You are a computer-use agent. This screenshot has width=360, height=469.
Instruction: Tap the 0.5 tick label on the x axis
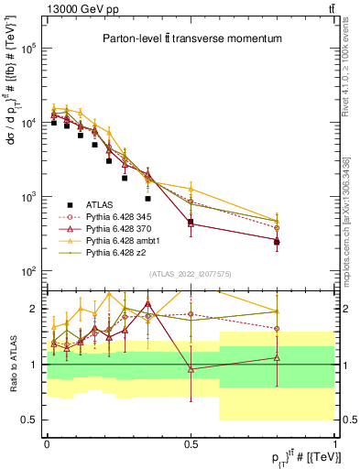[191, 443]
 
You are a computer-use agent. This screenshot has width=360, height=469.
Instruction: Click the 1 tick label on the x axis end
[335, 443]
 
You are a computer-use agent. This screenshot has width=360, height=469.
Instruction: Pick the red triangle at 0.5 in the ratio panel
[191, 369]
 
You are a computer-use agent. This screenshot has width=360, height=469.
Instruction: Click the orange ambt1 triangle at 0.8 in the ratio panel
[277, 311]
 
